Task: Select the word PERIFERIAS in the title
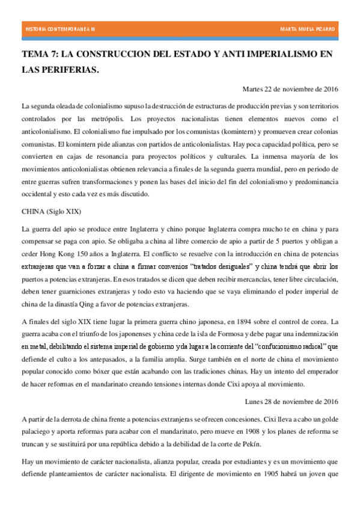tap(68, 70)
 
